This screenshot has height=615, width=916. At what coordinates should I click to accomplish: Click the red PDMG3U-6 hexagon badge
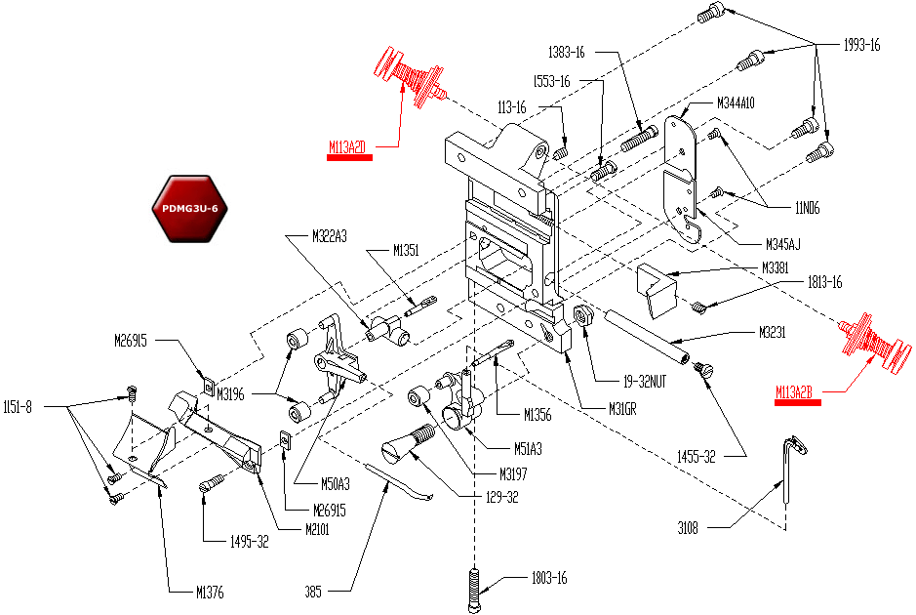coord(189,209)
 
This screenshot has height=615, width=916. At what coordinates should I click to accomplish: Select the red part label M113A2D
coord(347,147)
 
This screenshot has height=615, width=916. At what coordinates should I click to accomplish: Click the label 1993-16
coord(861,45)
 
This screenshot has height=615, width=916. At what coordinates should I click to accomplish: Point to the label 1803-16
coord(547,578)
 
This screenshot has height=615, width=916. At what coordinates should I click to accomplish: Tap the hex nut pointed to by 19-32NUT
coord(583,315)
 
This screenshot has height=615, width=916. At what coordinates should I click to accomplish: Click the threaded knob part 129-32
coord(408,443)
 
